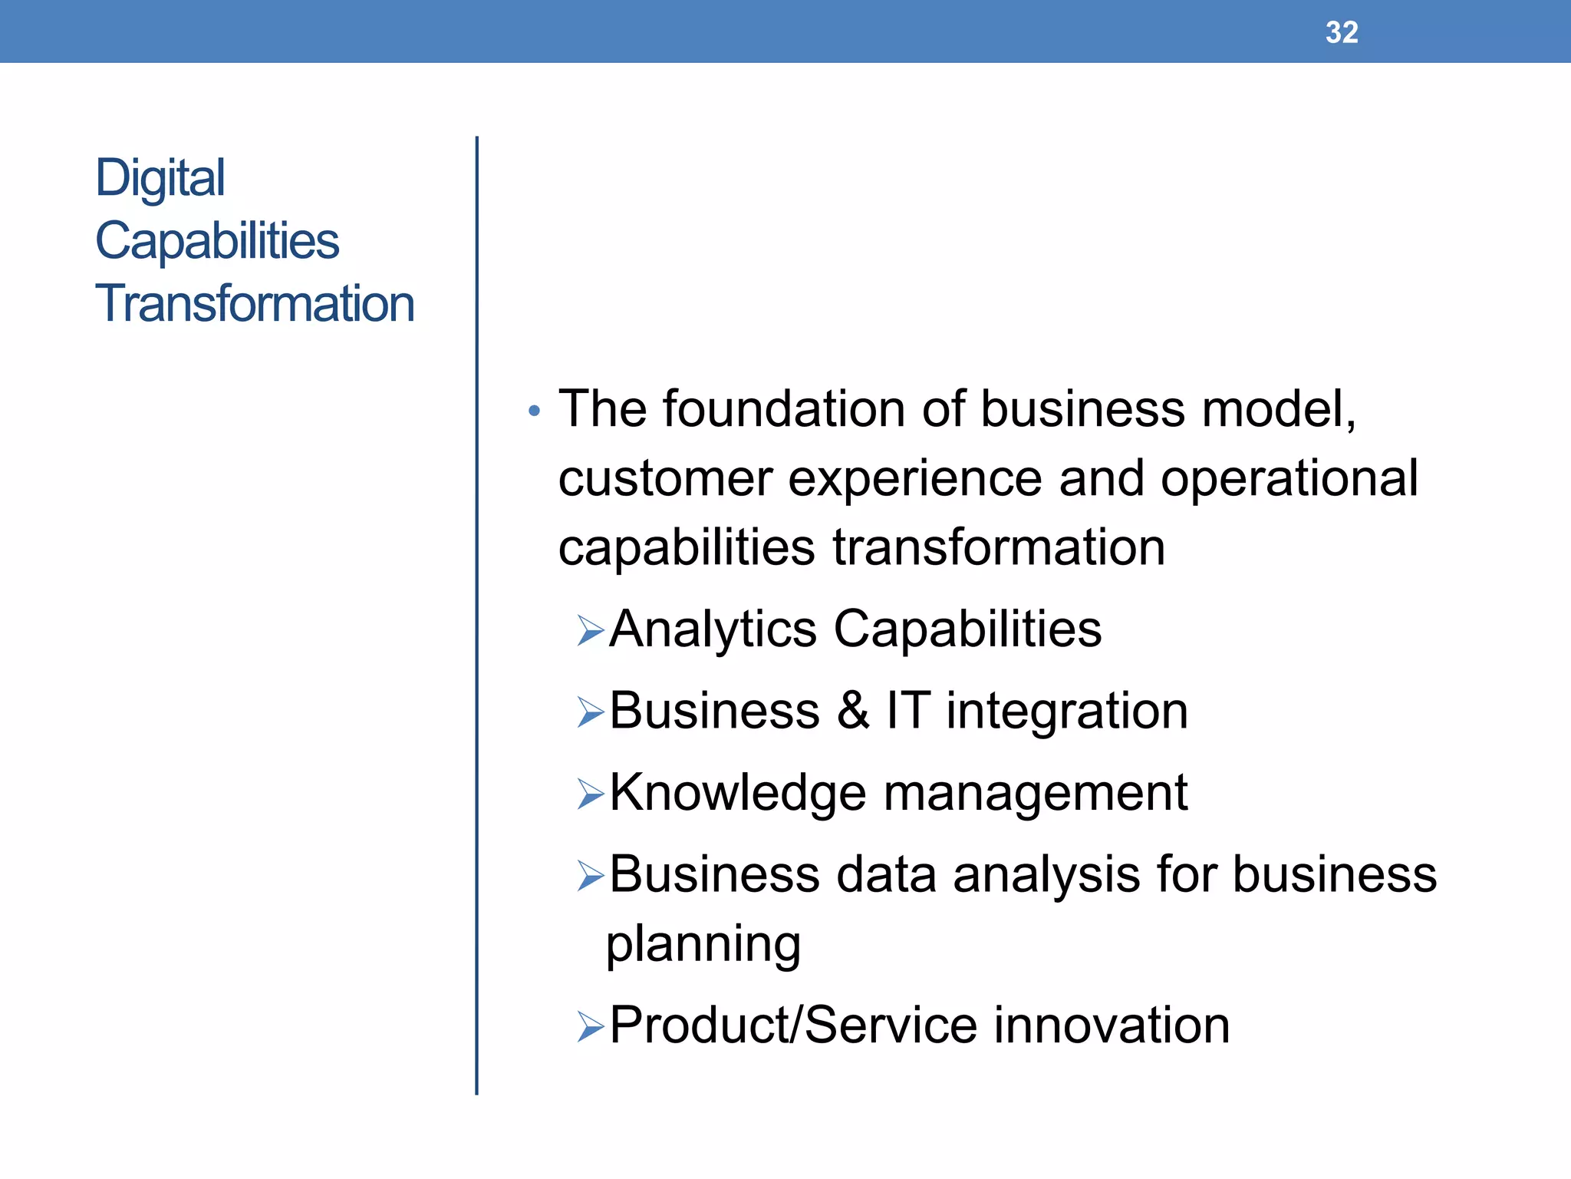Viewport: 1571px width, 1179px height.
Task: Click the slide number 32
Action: coord(1342,32)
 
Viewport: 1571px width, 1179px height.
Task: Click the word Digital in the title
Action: coord(160,178)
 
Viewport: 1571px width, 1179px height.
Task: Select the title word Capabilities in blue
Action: coord(216,241)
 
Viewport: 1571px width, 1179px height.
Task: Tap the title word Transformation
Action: coord(254,303)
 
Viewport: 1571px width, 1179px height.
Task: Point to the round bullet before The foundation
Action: coord(535,412)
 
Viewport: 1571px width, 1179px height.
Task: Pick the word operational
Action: coord(1289,479)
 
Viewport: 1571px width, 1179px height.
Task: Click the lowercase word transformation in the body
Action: coord(999,547)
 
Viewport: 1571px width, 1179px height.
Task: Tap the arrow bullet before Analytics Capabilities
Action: coord(591,632)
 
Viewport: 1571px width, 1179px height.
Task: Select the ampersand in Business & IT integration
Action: coord(853,711)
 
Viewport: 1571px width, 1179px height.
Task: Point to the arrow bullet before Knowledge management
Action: coord(591,794)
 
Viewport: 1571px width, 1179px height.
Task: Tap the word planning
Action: coord(703,945)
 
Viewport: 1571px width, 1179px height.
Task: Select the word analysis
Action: coord(1046,875)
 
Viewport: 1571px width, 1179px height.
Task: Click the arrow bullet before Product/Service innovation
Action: coord(591,1027)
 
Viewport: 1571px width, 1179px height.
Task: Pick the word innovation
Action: coord(1112,1025)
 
